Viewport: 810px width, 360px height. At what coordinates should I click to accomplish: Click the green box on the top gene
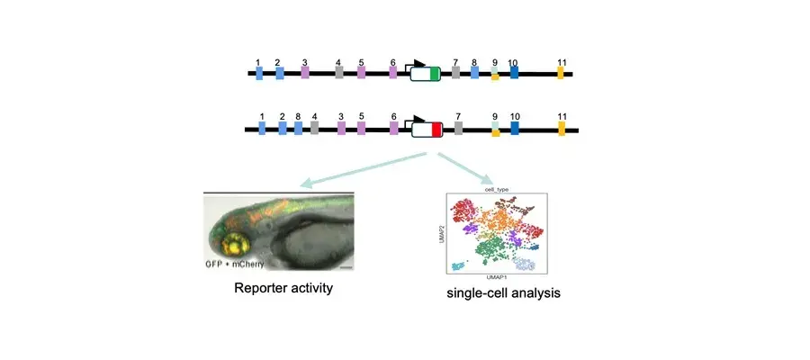[436, 74]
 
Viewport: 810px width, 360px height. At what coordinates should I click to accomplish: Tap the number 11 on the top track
[562, 62]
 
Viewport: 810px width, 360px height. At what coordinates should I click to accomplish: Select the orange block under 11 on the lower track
[562, 130]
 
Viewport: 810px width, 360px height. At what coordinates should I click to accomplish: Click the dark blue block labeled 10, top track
[514, 74]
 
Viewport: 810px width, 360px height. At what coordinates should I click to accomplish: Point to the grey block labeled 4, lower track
[315, 130]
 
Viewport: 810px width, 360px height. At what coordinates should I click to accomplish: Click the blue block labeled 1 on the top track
[259, 74]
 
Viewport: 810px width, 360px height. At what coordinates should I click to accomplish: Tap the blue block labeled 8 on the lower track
[298, 130]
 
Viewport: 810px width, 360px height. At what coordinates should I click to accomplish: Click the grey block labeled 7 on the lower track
[459, 130]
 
